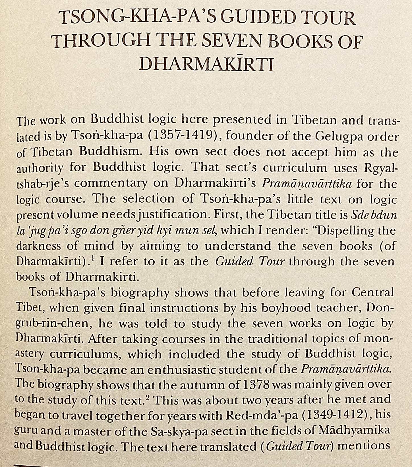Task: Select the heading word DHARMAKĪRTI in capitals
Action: coord(206,64)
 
